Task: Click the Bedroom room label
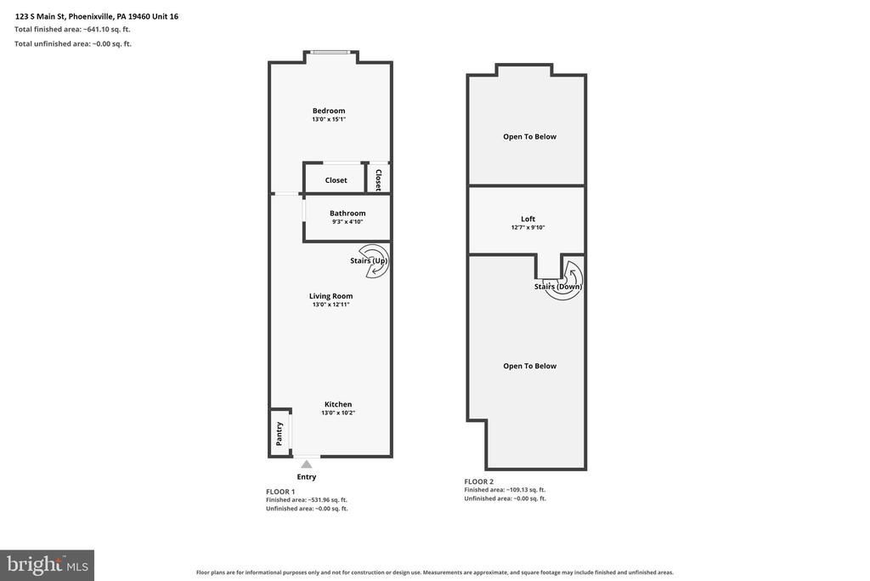[x=329, y=111]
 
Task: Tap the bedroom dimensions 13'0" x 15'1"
[x=329, y=119]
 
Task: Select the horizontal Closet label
[x=336, y=180]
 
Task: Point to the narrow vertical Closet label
[x=378, y=180]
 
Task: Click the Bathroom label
[x=347, y=213]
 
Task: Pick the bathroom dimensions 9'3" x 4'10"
[x=347, y=222]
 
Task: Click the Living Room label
[x=330, y=296]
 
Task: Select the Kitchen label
[x=338, y=404]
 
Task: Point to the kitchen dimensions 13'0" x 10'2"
[x=338, y=413]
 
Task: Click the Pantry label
[x=279, y=433]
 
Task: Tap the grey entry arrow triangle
[x=306, y=464]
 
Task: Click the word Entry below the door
[x=306, y=476]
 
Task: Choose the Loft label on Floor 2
[x=528, y=219]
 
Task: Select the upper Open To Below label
[x=529, y=137]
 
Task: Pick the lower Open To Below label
[x=529, y=366]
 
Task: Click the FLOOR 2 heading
[x=478, y=481]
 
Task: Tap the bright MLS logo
[x=48, y=566]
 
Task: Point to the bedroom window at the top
[x=330, y=52]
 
